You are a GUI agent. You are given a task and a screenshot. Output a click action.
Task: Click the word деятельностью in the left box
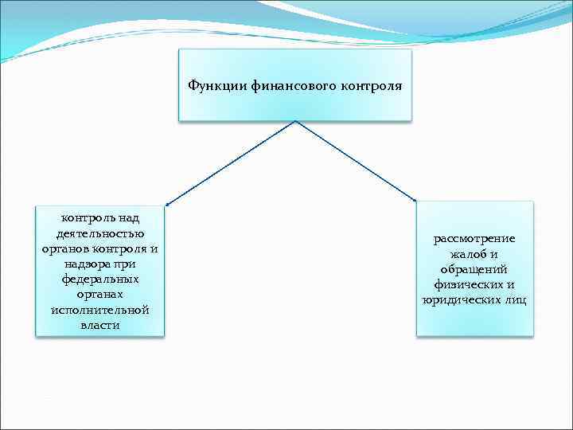(x=100, y=233)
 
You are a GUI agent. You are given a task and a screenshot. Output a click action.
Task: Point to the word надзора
(x=80, y=264)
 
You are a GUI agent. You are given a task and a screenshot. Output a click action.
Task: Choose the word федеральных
(x=100, y=279)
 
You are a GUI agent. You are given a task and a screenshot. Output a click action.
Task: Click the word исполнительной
(x=100, y=310)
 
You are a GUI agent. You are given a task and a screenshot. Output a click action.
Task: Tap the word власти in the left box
(x=100, y=325)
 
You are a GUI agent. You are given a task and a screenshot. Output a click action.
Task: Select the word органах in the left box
(x=100, y=294)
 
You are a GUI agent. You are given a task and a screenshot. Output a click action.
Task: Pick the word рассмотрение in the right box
(x=474, y=239)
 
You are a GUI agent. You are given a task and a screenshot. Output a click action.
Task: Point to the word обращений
(x=474, y=269)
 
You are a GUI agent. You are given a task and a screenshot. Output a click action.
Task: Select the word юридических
(x=462, y=300)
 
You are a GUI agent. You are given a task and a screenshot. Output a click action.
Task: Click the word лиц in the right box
(x=515, y=300)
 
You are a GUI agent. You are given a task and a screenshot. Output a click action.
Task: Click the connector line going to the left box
(x=231, y=162)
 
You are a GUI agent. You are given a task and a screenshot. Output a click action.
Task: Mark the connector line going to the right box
(x=355, y=160)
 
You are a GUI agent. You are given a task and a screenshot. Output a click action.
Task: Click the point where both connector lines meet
(x=295, y=121)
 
